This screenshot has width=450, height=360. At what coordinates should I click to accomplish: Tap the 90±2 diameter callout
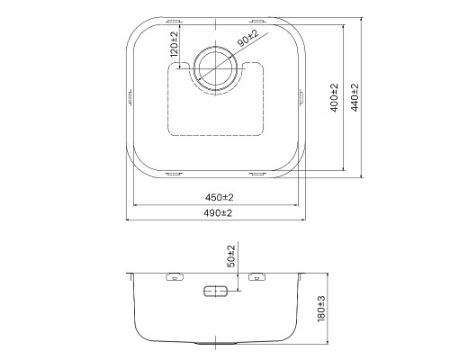pos(247,38)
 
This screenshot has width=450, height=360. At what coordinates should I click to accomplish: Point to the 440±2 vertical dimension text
pos(355,97)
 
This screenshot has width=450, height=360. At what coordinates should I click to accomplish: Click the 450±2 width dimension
pos(218,197)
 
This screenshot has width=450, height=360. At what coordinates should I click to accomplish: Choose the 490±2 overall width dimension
pos(218,212)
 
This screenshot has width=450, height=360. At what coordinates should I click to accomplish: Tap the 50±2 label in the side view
pos(231,256)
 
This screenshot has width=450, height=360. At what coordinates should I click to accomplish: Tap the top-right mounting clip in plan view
pos(259,18)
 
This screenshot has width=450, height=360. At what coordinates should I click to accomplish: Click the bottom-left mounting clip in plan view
pos(174,171)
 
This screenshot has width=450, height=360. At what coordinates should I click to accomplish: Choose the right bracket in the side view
pos(258,278)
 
